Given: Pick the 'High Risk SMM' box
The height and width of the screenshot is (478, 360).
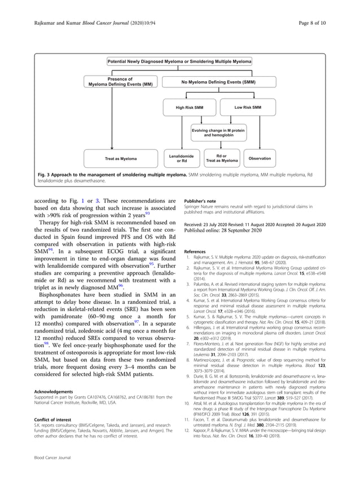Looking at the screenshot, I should (x=189, y=107).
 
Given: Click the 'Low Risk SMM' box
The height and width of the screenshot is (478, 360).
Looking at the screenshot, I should (x=247, y=107).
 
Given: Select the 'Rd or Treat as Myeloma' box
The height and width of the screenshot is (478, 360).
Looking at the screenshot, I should (x=222, y=158).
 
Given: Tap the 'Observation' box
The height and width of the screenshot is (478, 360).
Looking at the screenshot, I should (x=260, y=158).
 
